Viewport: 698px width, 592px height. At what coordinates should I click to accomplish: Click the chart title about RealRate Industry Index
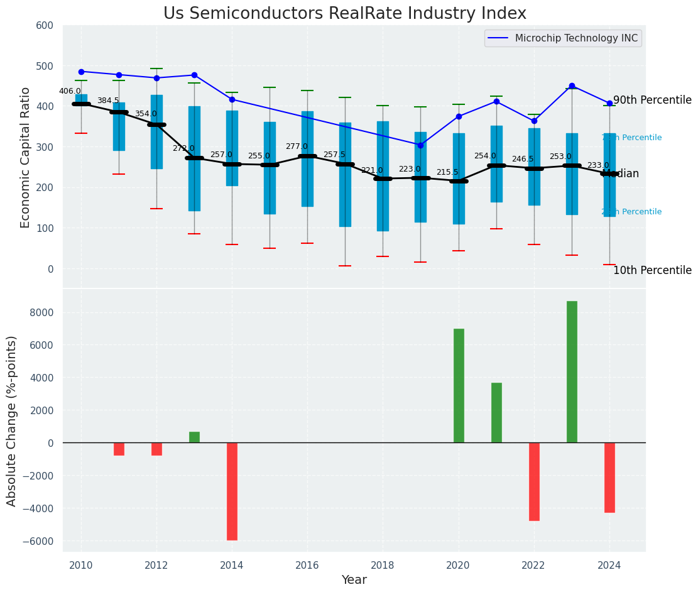pos(345,14)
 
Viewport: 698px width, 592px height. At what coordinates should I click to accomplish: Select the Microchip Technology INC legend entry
pos(576,38)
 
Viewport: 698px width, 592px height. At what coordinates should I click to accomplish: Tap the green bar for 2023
pos(572,372)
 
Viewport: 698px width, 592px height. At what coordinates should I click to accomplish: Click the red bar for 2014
pos(232,491)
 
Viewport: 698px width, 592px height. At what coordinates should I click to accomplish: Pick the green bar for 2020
pos(459,386)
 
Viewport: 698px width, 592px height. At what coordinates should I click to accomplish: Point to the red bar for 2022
pos(534,481)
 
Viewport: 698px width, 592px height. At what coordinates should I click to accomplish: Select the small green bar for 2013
pos(194,437)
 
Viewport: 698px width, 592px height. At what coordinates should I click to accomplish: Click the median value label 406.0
pos(70,91)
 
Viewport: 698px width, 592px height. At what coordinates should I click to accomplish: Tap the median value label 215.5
pos(447,172)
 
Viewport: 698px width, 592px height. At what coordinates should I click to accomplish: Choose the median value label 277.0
pos(297,146)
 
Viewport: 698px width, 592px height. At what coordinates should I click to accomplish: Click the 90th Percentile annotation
pos(652,101)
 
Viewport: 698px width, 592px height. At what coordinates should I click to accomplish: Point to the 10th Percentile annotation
pos(652,271)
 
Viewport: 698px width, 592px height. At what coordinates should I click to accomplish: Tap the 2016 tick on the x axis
pos(307,566)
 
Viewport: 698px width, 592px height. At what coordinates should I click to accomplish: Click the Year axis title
pos(354,580)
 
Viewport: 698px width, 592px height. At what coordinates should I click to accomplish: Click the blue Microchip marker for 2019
pos(420,145)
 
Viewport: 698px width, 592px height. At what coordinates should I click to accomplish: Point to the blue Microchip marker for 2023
pos(572,85)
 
